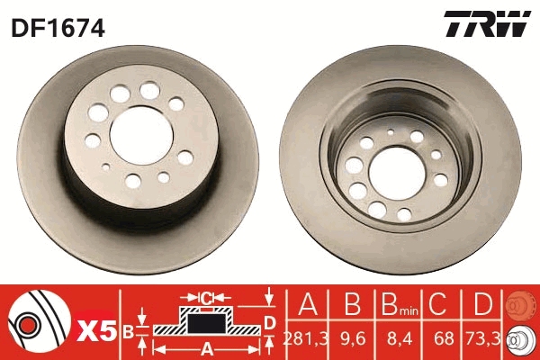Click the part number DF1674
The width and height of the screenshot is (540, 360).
58,28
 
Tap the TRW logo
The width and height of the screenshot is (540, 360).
487,23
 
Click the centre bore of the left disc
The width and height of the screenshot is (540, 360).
141,135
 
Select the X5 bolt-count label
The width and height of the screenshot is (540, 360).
97,330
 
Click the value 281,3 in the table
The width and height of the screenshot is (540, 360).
305,339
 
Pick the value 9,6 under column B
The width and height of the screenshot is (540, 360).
352,339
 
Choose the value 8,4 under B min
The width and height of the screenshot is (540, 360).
400,339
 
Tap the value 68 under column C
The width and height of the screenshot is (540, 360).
444,339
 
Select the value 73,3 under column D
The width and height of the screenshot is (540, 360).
482,339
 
